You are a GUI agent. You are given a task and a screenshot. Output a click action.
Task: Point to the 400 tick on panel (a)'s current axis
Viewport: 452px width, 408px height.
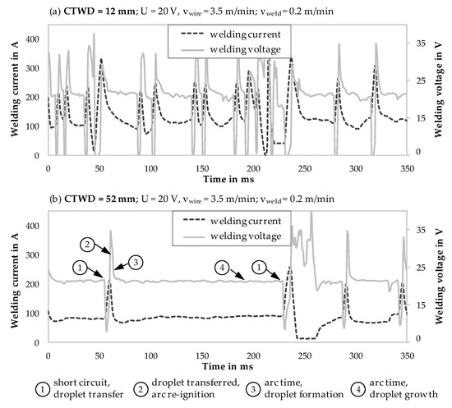tap(30, 38)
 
